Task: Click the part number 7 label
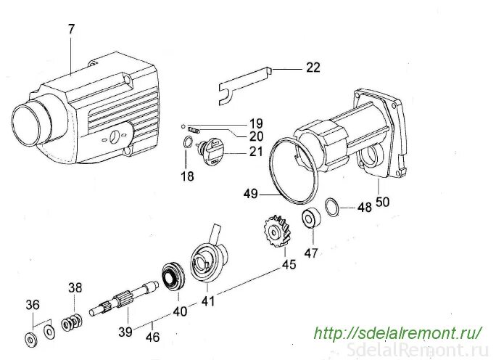(x=71, y=30)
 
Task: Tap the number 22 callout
(x=313, y=67)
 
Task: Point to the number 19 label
(x=256, y=123)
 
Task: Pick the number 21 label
(x=256, y=152)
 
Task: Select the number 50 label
(x=381, y=201)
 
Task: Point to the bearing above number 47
(x=310, y=218)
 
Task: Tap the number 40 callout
(x=179, y=311)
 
